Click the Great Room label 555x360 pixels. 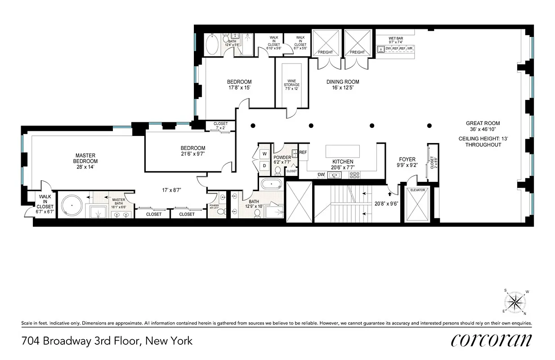483,123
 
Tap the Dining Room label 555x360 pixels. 342,82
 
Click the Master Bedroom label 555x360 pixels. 86,158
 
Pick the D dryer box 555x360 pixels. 264,165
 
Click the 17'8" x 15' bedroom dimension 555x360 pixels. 239,88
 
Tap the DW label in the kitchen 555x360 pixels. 321,175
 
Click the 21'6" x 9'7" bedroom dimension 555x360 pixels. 193,154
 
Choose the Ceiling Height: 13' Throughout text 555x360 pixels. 483,142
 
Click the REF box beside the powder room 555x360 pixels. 303,153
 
